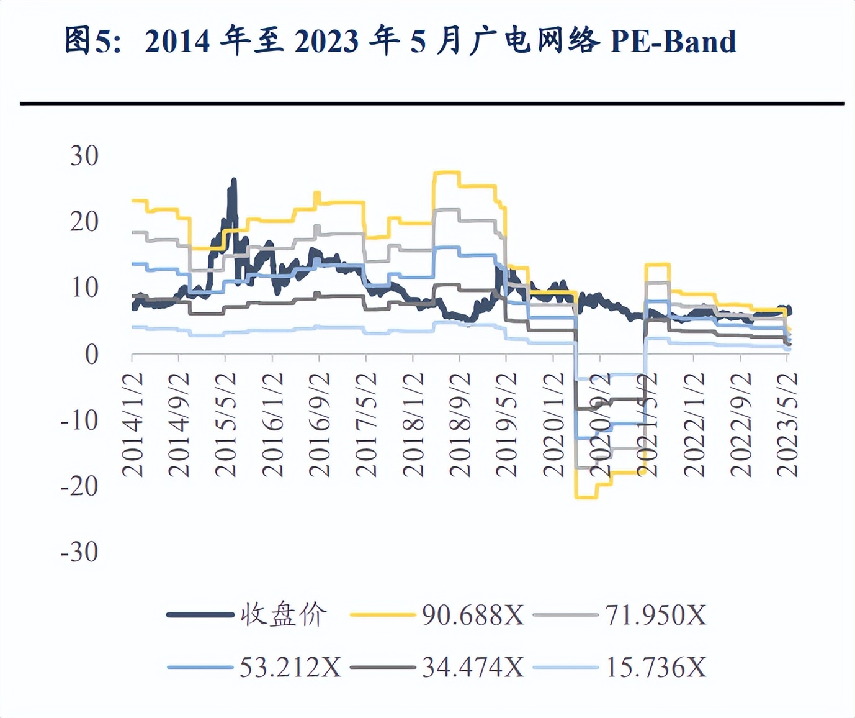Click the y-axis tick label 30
(x=84, y=156)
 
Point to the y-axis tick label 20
(x=84, y=222)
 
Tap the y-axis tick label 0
(x=91, y=355)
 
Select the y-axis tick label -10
(x=79, y=420)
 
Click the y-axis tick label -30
(x=79, y=552)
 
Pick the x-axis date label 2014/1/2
(x=132, y=425)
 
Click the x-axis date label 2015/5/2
(x=226, y=425)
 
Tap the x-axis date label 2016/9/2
(x=320, y=425)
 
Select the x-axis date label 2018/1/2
(x=413, y=425)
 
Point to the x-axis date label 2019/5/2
(x=507, y=425)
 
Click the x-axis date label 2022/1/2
(x=694, y=425)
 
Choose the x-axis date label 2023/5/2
(x=787, y=425)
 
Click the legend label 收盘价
(x=284, y=615)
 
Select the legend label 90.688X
(x=473, y=616)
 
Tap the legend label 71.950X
(x=656, y=616)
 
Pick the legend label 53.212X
(x=290, y=668)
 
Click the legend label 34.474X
(x=473, y=668)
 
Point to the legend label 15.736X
(x=656, y=668)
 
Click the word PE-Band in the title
(x=673, y=41)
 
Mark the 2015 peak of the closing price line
(x=234, y=180)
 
